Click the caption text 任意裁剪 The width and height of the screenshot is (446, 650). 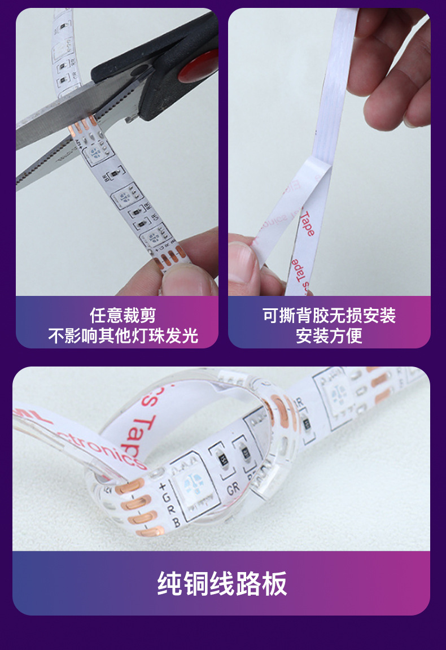pyautogui.click(x=123, y=315)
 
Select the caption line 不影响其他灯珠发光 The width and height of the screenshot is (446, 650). pyautogui.click(x=123, y=335)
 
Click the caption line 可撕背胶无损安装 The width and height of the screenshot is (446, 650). pyautogui.click(x=329, y=315)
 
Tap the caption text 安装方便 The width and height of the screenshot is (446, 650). pyautogui.click(x=329, y=335)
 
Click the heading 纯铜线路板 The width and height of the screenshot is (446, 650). pyautogui.click(x=222, y=584)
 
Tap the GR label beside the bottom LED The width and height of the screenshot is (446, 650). pyautogui.click(x=233, y=487)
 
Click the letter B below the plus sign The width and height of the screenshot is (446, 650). pyautogui.click(x=176, y=523)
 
